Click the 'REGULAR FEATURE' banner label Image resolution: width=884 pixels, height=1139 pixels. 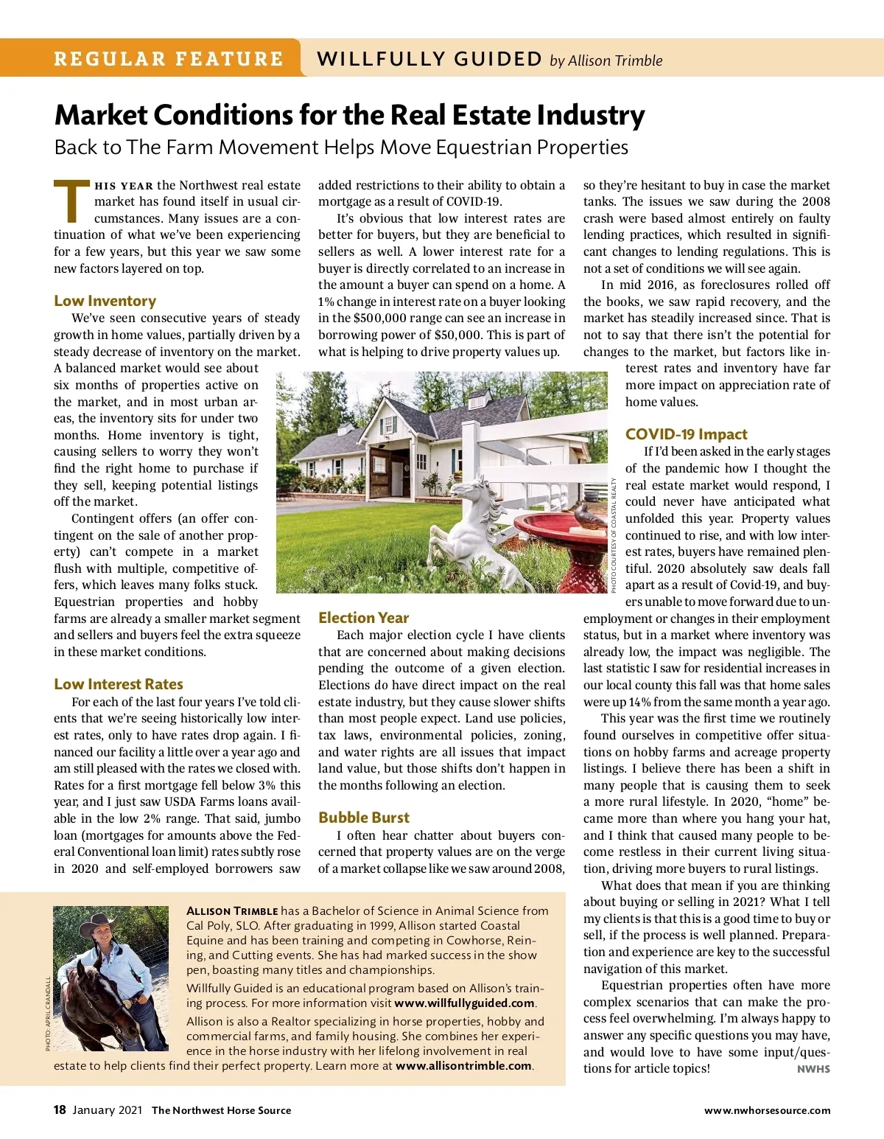[168, 59]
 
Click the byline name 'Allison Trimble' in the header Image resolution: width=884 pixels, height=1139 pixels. [615, 61]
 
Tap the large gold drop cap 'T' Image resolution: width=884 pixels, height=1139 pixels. [72, 201]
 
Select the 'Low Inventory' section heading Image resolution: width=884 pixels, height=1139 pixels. [105, 301]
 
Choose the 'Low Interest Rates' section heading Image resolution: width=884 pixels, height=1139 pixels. [118, 684]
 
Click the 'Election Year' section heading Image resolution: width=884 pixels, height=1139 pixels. [363, 618]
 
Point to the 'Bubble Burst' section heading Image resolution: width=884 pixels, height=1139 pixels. [364, 818]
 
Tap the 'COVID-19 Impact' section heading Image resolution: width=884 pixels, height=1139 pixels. [686, 434]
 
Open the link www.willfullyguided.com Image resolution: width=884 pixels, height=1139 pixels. [464, 1003]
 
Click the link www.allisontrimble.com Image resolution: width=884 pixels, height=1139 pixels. [463, 1066]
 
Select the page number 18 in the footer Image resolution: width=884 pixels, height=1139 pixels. [60, 1110]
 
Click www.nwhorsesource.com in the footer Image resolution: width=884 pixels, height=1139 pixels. [767, 1111]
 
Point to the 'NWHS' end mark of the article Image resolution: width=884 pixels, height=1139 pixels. [813, 1069]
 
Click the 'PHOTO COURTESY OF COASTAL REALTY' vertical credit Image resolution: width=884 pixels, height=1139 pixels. [614, 534]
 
